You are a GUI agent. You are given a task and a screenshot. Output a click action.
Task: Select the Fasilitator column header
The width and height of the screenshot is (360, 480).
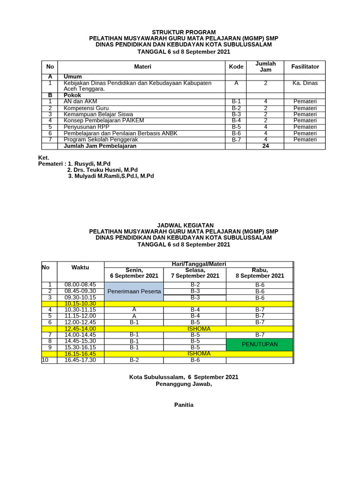pos(305,67)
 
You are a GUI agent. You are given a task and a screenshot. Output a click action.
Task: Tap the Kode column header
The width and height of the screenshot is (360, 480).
pos(236,67)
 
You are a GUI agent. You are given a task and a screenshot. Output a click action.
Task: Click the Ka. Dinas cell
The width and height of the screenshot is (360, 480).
pos(305,83)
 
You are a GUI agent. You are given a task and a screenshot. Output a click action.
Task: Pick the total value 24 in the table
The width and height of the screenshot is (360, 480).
pos(265,146)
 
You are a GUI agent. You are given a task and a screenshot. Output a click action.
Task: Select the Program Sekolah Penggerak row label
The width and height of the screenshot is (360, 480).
pos(100,139)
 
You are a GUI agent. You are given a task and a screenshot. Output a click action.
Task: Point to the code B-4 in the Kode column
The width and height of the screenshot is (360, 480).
pos(236,120)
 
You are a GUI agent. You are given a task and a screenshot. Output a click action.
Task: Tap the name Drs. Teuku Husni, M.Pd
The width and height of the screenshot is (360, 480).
pos(103,170)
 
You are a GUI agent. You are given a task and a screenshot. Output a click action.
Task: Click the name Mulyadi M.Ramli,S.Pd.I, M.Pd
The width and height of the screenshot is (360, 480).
pos(111,176)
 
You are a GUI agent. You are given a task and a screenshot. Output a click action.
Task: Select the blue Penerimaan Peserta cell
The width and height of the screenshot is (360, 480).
pos(135,291)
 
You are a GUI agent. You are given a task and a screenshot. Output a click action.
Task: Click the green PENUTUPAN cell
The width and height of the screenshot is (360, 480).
pos(260,344)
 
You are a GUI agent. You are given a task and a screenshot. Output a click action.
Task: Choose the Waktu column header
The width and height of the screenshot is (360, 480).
pos(80,267)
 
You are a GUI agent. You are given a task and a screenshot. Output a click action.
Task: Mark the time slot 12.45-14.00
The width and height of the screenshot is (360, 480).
pos(80,329)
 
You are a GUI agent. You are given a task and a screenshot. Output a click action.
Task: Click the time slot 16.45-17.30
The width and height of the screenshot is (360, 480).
pos(80,360)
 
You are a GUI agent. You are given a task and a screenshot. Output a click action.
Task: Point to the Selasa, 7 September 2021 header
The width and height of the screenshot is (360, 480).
pos(195,273)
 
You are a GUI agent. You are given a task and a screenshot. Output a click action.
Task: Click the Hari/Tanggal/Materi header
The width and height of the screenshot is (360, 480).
pos(198,264)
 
